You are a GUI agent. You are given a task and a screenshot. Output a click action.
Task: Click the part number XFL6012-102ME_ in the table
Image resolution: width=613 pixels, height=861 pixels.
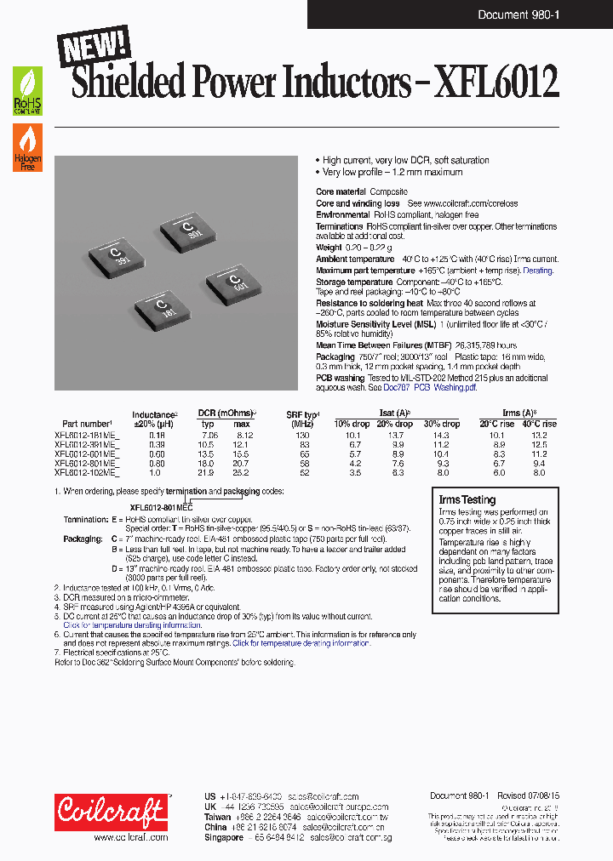pos(86,472)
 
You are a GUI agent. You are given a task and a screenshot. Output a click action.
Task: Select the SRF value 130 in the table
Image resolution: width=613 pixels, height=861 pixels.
pos(302,434)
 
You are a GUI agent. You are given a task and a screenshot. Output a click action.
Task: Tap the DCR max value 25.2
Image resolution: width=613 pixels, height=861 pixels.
pos(242,472)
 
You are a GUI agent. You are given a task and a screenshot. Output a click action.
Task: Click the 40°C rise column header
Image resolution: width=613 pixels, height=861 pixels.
pos(537,424)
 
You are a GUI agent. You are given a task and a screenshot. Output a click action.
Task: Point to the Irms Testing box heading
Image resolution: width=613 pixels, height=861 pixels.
pos(466,500)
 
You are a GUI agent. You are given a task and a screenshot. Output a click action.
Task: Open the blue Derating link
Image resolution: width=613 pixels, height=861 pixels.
pos(537,271)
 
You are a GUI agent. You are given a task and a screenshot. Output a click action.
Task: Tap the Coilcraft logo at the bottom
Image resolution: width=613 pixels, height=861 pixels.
pos(111,812)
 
